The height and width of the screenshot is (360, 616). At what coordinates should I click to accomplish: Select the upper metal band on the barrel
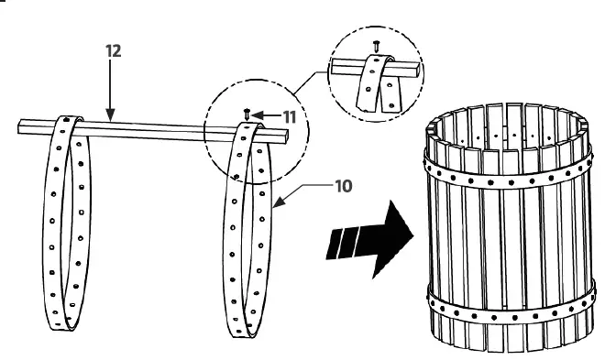tap(504, 174)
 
